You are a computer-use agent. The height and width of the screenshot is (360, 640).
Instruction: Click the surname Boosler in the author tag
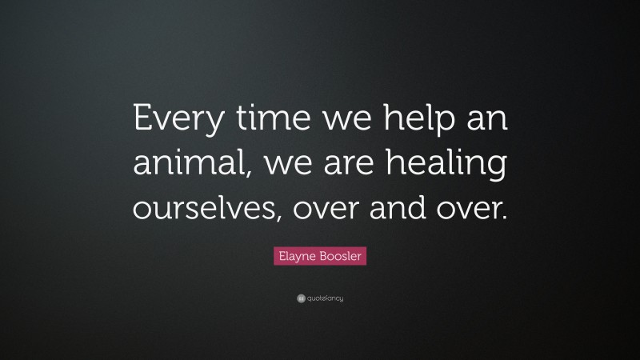(340, 256)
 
